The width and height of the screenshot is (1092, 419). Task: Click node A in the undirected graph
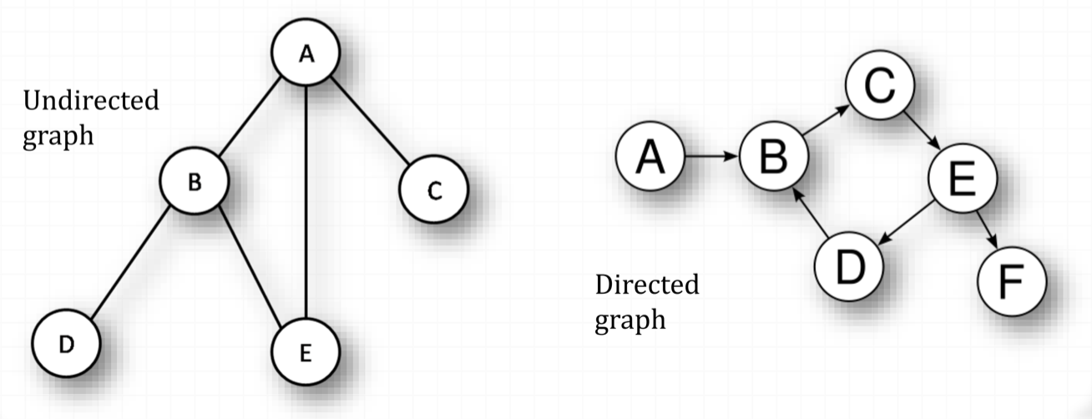tap(306, 53)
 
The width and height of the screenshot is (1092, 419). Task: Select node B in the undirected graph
tap(194, 181)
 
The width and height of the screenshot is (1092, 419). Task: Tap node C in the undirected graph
tap(433, 191)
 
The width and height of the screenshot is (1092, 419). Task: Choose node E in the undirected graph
tap(306, 353)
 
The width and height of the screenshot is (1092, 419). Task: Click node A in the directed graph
tap(650, 157)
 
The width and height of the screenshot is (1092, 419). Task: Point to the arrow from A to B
tap(712, 157)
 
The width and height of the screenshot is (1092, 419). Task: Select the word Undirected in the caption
tap(90, 102)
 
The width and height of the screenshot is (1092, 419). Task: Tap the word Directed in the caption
tap(646, 285)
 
